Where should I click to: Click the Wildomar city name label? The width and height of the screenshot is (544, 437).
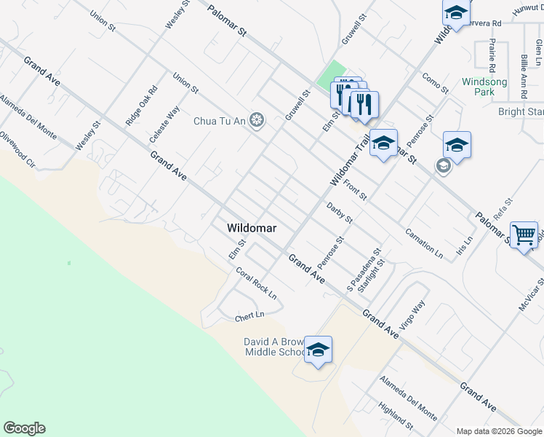(251, 228)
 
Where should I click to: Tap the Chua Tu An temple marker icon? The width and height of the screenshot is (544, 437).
(256, 120)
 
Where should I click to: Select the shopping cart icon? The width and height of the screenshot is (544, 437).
(524, 235)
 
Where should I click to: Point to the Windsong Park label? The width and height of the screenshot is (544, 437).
(484, 87)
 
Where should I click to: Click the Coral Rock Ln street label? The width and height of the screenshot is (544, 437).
(256, 283)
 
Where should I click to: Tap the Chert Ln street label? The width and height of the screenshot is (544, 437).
(248, 315)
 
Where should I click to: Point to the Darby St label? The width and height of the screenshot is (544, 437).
(339, 213)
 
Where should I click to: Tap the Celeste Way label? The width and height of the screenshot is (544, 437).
(164, 125)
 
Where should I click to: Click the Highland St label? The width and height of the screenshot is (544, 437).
(396, 417)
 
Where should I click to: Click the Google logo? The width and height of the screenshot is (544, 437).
(24, 428)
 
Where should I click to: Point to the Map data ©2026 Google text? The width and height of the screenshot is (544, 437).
(498, 431)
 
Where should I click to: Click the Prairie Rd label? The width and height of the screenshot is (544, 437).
(492, 58)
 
